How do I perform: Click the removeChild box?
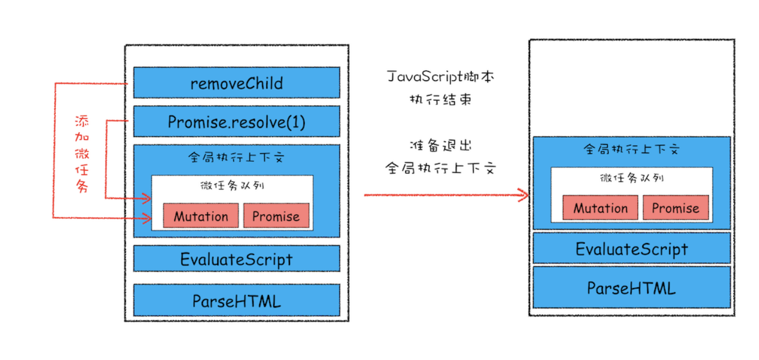pyautogui.click(x=236, y=83)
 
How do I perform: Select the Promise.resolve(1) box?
pyautogui.click(x=236, y=121)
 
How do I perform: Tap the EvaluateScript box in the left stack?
pyautogui.click(x=236, y=259)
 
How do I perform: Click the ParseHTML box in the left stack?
pyautogui.click(x=236, y=300)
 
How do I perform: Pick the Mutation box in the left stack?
pyautogui.click(x=201, y=216)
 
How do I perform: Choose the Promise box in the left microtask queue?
pyautogui.click(x=276, y=216)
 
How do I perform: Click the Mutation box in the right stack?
pyautogui.click(x=601, y=207)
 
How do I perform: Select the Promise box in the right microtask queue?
pyautogui.click(x=676, y=207)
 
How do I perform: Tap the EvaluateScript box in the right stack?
pyautogui.click(x=631, y=248)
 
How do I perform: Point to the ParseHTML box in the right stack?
pyautogui.click(x=631, y=288)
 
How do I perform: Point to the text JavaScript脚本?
pyautogui.click(x=440, y=77)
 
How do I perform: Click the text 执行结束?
pyautogui.click(x=440, y=100)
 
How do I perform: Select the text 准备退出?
pyautogui.click(x=440, y=146)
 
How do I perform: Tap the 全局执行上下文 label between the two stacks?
pyautogui.click(x=440, y=168)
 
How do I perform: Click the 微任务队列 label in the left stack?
pyautogui.click(x=232, y=186)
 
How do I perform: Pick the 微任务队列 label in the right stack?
pyautogui.click(x=632, y=178)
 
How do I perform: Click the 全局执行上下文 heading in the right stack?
pyautogui.click(x=631, y=149)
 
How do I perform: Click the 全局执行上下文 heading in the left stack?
pyautogui.click(x=236, y=157)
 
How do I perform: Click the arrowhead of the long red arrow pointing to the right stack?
pyautogui.click(x=527, y=195)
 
